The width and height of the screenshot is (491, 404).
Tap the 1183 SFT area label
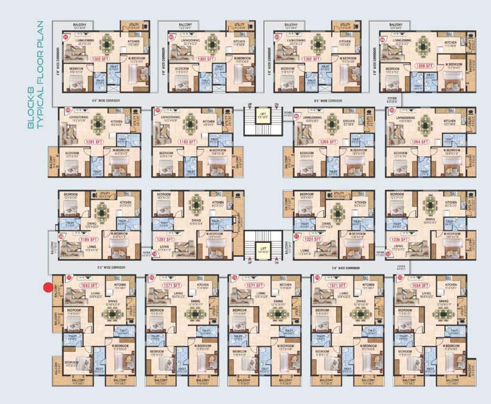pyautogui.click(x=187, y=142)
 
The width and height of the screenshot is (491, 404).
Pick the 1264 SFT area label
pyautogui.click(x=421, y=141)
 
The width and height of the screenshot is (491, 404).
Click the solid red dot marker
pyautogui.click(x=48, y=287)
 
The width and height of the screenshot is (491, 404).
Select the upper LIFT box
pyautogui.click(x=262, y=115)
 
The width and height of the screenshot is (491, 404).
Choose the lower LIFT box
pyautogui.click(x=262, y=246)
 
